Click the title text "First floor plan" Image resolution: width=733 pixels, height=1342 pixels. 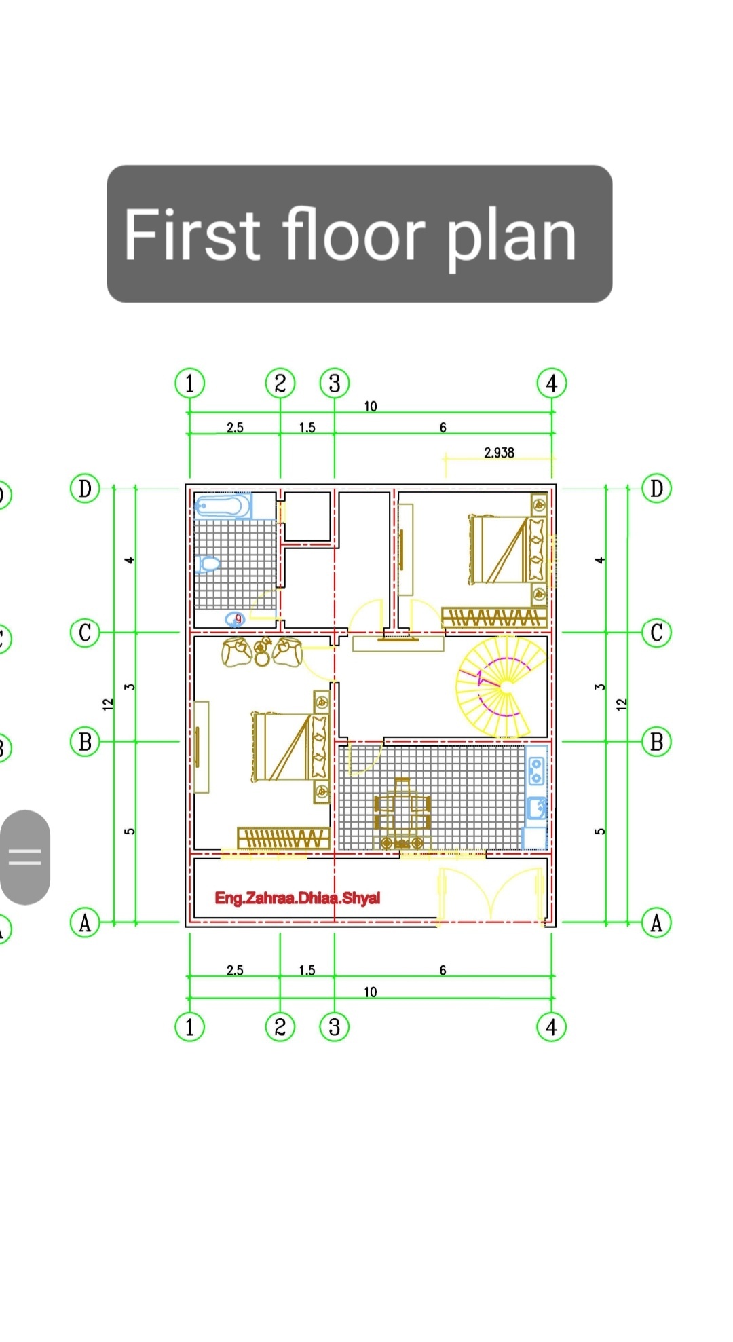pyautogui.click(x=350, y=235)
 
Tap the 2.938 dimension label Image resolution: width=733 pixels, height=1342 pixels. pyautogui.click(x=499, y=453)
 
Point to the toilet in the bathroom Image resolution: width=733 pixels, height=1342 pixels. pyautogui.click(x=208, y=563)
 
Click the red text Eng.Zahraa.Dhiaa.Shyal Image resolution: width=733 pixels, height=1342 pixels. pyautogui.click(x=297, y=898)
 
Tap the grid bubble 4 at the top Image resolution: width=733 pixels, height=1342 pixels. pyautogui.click(x=552, y=384)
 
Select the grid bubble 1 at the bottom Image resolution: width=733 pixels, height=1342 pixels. pyautogui.click(x=190, y=1027)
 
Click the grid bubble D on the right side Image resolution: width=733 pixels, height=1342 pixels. pyautogui.click(x=656, y=489)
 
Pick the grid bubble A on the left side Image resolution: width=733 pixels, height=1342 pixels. pyautogui.click(x=85, y=923)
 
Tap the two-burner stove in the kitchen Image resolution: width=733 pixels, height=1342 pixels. pyautogui.click(x=536, y=770)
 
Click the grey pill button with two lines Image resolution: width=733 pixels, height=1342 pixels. pyautogui.click(x=25, y=857)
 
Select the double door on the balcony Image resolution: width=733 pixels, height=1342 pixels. pyautogui.click(x=491, y=895)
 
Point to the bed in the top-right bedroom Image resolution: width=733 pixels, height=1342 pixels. pyautogui.click(x=508, y=549)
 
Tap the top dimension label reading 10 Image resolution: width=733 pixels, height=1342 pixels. pyautogui.click(x=371, y=406)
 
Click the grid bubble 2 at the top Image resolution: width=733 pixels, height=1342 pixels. pyautogui.click(x=280, y=384)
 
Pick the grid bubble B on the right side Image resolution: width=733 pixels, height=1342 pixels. pyautogui.click(x=656, y=742)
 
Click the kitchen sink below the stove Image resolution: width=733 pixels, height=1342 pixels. pyautogui.click(x=537, y=808)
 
